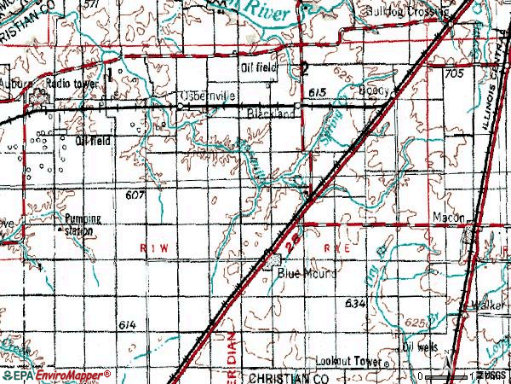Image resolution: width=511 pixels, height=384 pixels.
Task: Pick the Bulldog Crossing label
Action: tap(405, 12)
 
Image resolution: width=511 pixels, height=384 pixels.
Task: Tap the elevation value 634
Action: tap(356, 303)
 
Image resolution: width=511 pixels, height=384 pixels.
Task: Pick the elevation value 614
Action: tap(128, 325)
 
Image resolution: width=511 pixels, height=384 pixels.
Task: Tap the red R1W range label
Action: tap(149, 246)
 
